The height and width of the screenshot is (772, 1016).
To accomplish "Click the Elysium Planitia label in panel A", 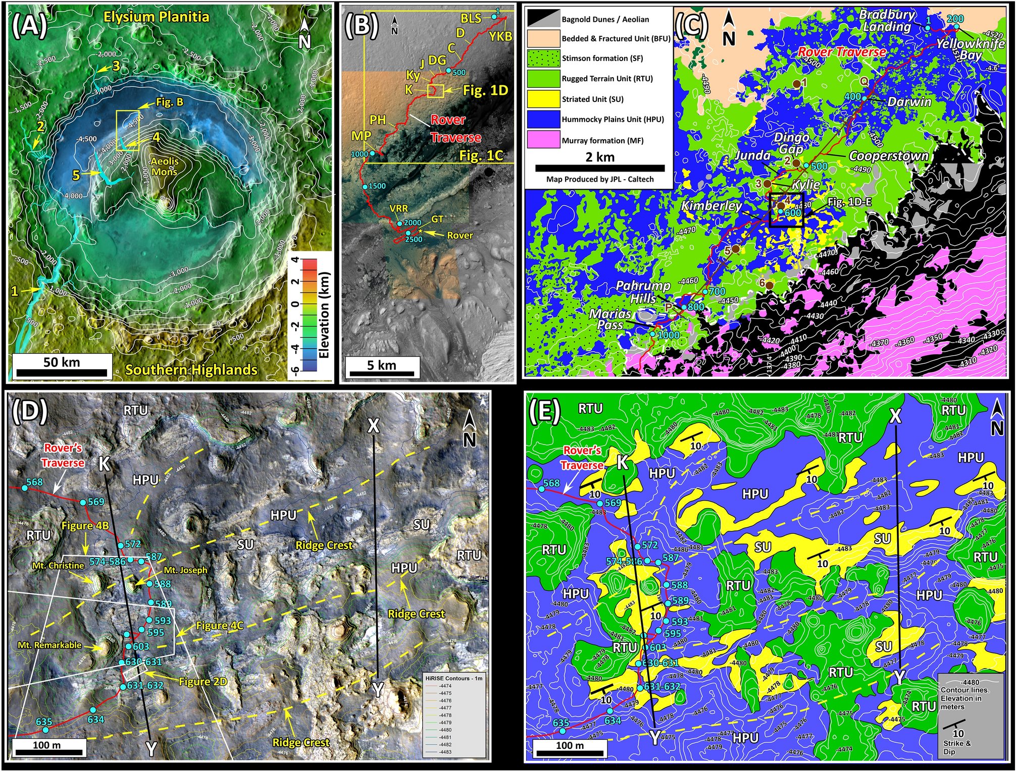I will coord(156,17).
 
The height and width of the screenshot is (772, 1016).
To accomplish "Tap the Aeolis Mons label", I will coord(165,166).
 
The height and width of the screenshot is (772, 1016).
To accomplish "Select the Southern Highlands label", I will coord(191,369).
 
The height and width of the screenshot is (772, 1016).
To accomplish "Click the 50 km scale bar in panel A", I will coord(61,373).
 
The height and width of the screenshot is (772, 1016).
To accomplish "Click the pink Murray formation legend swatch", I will coord(542,140).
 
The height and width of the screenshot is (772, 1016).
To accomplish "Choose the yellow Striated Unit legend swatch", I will coord(542,99).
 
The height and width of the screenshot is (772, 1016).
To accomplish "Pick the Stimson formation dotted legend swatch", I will coord(542,58).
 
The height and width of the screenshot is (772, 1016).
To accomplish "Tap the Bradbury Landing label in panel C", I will coord(887,20).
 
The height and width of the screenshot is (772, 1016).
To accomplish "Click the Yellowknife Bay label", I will coord(970,49).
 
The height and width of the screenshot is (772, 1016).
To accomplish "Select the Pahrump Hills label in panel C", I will coord(643,292).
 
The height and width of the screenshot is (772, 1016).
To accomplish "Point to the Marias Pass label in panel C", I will coord(610,319).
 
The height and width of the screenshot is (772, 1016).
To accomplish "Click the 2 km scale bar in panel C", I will coord(600,168).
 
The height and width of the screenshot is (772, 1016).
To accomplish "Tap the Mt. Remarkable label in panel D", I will coord(49,645).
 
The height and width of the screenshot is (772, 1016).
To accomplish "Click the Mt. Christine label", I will coord(58,566).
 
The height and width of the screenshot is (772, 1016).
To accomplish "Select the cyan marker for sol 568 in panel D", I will coord(24,488).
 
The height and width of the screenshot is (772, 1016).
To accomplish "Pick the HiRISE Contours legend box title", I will coord(453,678).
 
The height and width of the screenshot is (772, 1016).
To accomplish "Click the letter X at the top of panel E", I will coord(895,416).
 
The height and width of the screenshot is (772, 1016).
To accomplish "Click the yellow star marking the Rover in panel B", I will coord(420,231).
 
